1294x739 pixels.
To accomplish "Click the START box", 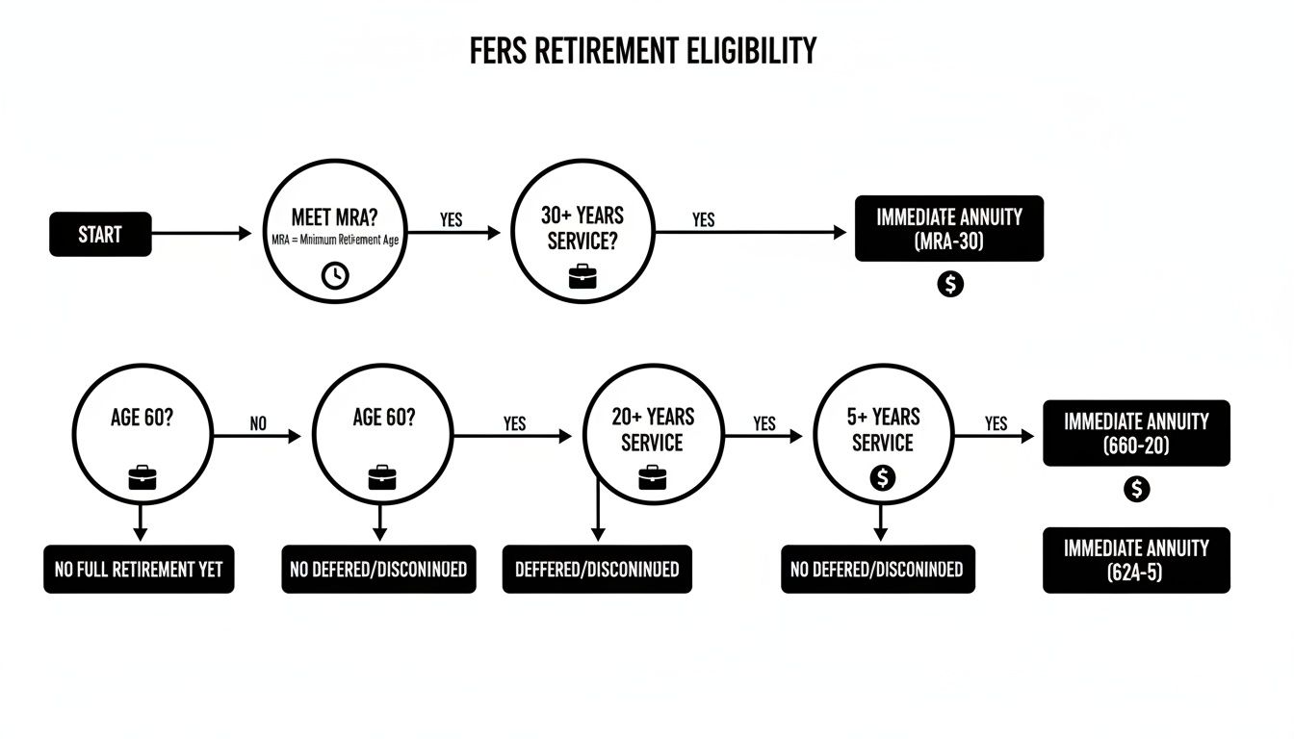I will (x=100, y=234).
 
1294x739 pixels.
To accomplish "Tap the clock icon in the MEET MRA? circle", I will (x=335, y=275).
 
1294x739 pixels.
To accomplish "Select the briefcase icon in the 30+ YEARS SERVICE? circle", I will (x=582, y=277).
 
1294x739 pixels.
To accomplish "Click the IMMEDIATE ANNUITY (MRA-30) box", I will (x=948, y=229).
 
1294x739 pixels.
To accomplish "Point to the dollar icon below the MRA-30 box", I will (x=950, y=284).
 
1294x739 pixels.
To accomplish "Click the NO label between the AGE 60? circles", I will (x=258, y=423).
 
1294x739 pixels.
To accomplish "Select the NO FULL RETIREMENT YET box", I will (x=139, y=570).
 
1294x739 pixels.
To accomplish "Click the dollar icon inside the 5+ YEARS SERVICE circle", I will (x=882, y=476).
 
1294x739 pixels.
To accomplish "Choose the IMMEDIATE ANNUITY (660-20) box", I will (x=1136, y=433).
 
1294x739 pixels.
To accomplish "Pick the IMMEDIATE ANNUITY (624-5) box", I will (x=1136, y=560).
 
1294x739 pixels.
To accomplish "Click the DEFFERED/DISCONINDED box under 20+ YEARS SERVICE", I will (x=597, y=570).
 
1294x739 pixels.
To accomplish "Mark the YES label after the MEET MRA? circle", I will (x=451, y=219).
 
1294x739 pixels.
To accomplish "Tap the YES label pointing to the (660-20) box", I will (x=996, y=423).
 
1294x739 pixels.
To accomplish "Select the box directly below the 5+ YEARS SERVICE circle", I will (x=877, y=570).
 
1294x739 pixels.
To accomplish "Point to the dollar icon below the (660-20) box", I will (x=1137, y=489).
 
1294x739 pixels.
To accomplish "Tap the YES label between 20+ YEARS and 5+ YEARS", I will (x=764, y=423).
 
